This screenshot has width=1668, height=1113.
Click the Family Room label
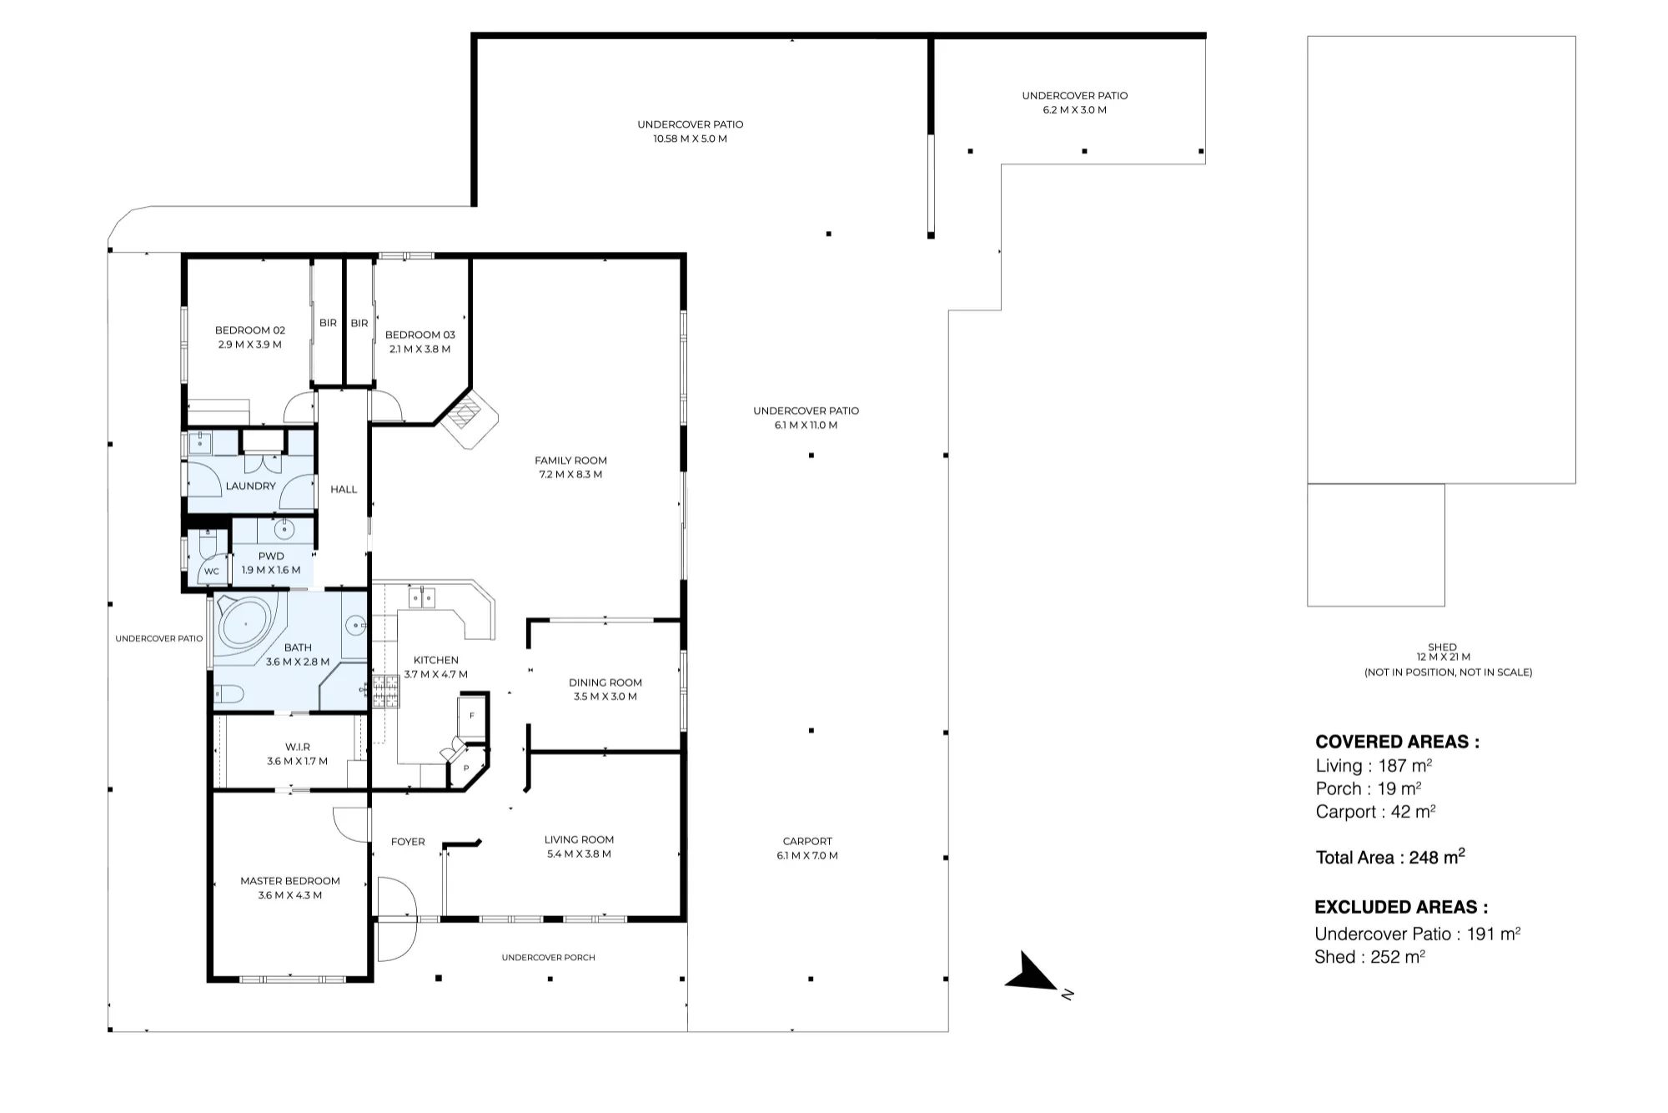(x=570, y=461)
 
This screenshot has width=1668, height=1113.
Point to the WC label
(x=212, y=572)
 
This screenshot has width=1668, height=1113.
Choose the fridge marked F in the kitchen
(x=471, y=716)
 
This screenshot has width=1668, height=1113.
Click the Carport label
(x=807, y=842)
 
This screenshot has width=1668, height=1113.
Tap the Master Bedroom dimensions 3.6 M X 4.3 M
(x=290, y=895)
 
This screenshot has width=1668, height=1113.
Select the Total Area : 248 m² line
(x=1390, y=857)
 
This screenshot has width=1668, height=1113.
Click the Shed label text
(x=1442, y=647)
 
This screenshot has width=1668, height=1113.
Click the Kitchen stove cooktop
(x=385, y=691)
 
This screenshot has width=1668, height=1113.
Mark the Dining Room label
(x=605, y=682)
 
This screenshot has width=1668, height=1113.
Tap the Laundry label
(x=250, y=486)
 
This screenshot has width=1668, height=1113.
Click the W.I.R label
(x=298, y=748)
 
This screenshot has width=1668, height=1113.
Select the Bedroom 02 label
(x=250, y=330)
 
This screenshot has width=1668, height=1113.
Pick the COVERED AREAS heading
(x=1398, y=742)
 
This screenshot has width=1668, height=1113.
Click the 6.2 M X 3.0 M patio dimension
(x=1075, y=110)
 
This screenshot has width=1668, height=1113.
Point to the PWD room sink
(x=284, y=529)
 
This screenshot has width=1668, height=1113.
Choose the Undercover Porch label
(x=549, y=958)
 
